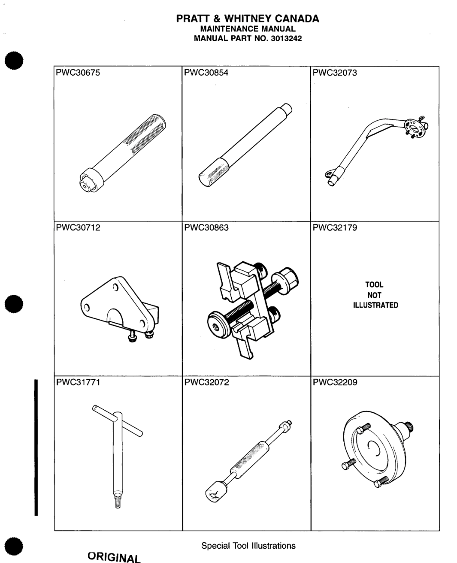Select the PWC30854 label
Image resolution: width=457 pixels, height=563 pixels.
206,73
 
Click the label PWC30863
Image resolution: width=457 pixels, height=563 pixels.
206,228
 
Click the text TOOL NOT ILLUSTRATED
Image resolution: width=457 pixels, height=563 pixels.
374,295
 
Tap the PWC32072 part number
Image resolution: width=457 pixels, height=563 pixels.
206,383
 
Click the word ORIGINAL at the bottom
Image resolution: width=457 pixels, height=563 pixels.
114,557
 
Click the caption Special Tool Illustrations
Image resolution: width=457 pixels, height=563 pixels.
248,546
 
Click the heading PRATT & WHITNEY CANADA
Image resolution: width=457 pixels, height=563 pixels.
248,19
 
